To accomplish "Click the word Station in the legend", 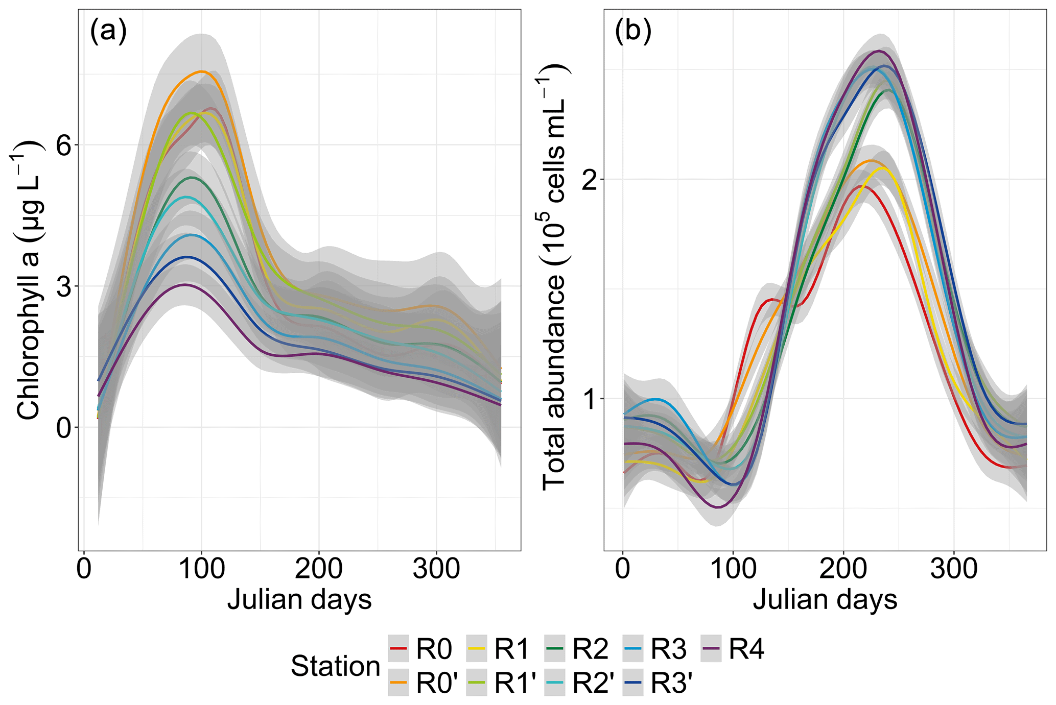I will (x=336, y=666).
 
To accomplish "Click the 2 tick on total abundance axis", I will (x=589, y=180).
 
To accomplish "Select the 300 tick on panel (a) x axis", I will (x=436, y=569).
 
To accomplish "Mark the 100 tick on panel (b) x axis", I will (x=733, y=569).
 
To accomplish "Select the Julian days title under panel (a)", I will (x=299, y=600).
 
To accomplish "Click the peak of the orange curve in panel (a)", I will (x=203, y=72).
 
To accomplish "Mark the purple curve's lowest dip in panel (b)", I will (x=718, y=507).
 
